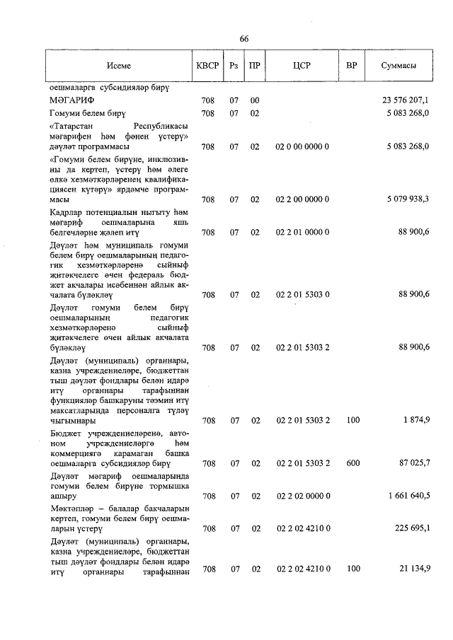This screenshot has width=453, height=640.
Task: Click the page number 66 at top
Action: pyautogui.click(x=244, y=38)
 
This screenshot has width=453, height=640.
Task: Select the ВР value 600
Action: pyautogui.click(x=352, y=464)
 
